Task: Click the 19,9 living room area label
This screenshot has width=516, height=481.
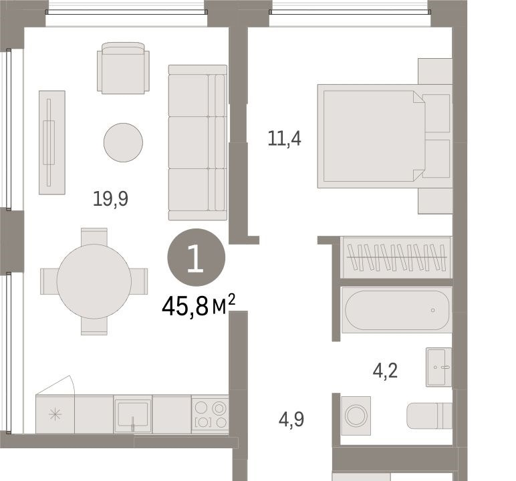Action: coord(110,199)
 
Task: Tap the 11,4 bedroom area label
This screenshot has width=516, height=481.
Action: coord(284,138)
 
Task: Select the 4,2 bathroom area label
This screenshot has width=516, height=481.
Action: coord(385,371)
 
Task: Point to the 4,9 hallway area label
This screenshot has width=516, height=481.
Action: coord(291,420)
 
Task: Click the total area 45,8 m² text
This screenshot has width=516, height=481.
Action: coord(199,305)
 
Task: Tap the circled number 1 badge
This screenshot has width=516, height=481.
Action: coord(196,257)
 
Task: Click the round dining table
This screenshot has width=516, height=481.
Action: coord(94,282)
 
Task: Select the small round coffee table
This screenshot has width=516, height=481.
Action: coord(123,142)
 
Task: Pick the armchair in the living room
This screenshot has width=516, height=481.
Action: coord(123,68)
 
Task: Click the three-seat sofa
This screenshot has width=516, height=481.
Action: coord(197,142)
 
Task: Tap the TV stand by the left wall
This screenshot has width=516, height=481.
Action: coord(52,142)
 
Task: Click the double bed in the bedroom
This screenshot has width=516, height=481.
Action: coord(385,136)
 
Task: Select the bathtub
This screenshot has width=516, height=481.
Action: coord(397,310)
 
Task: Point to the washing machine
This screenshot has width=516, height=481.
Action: coord(356,416)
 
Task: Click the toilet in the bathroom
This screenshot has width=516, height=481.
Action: coord(430,416)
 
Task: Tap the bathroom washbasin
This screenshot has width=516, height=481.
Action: coord(439,367)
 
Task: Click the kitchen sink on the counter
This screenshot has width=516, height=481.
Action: coord(132,415)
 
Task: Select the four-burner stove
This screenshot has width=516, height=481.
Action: coord(210,414)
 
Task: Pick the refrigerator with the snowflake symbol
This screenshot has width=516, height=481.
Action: coord(55,414)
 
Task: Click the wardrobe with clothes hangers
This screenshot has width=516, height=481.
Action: coord(396,257)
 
